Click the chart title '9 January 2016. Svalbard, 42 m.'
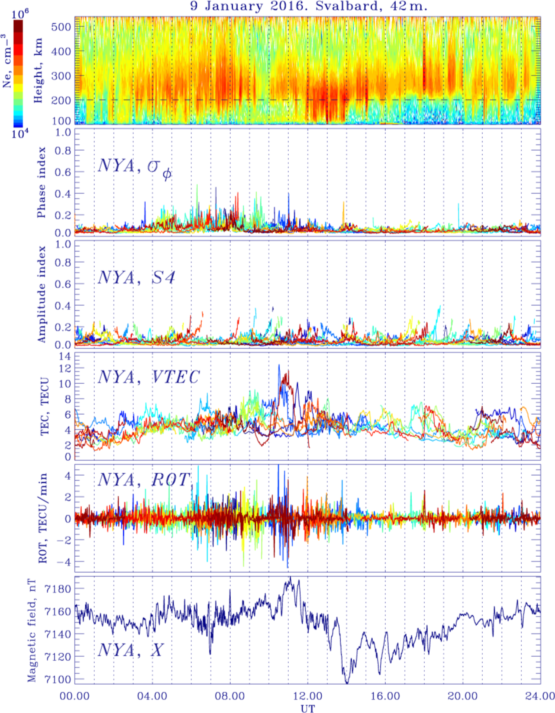(x=308, y=6)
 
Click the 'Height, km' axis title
(x=38, y=70)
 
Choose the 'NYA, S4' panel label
(x=136, y=278)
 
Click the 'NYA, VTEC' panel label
(x=148, y=377)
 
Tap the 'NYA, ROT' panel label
(x=144, y=480)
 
